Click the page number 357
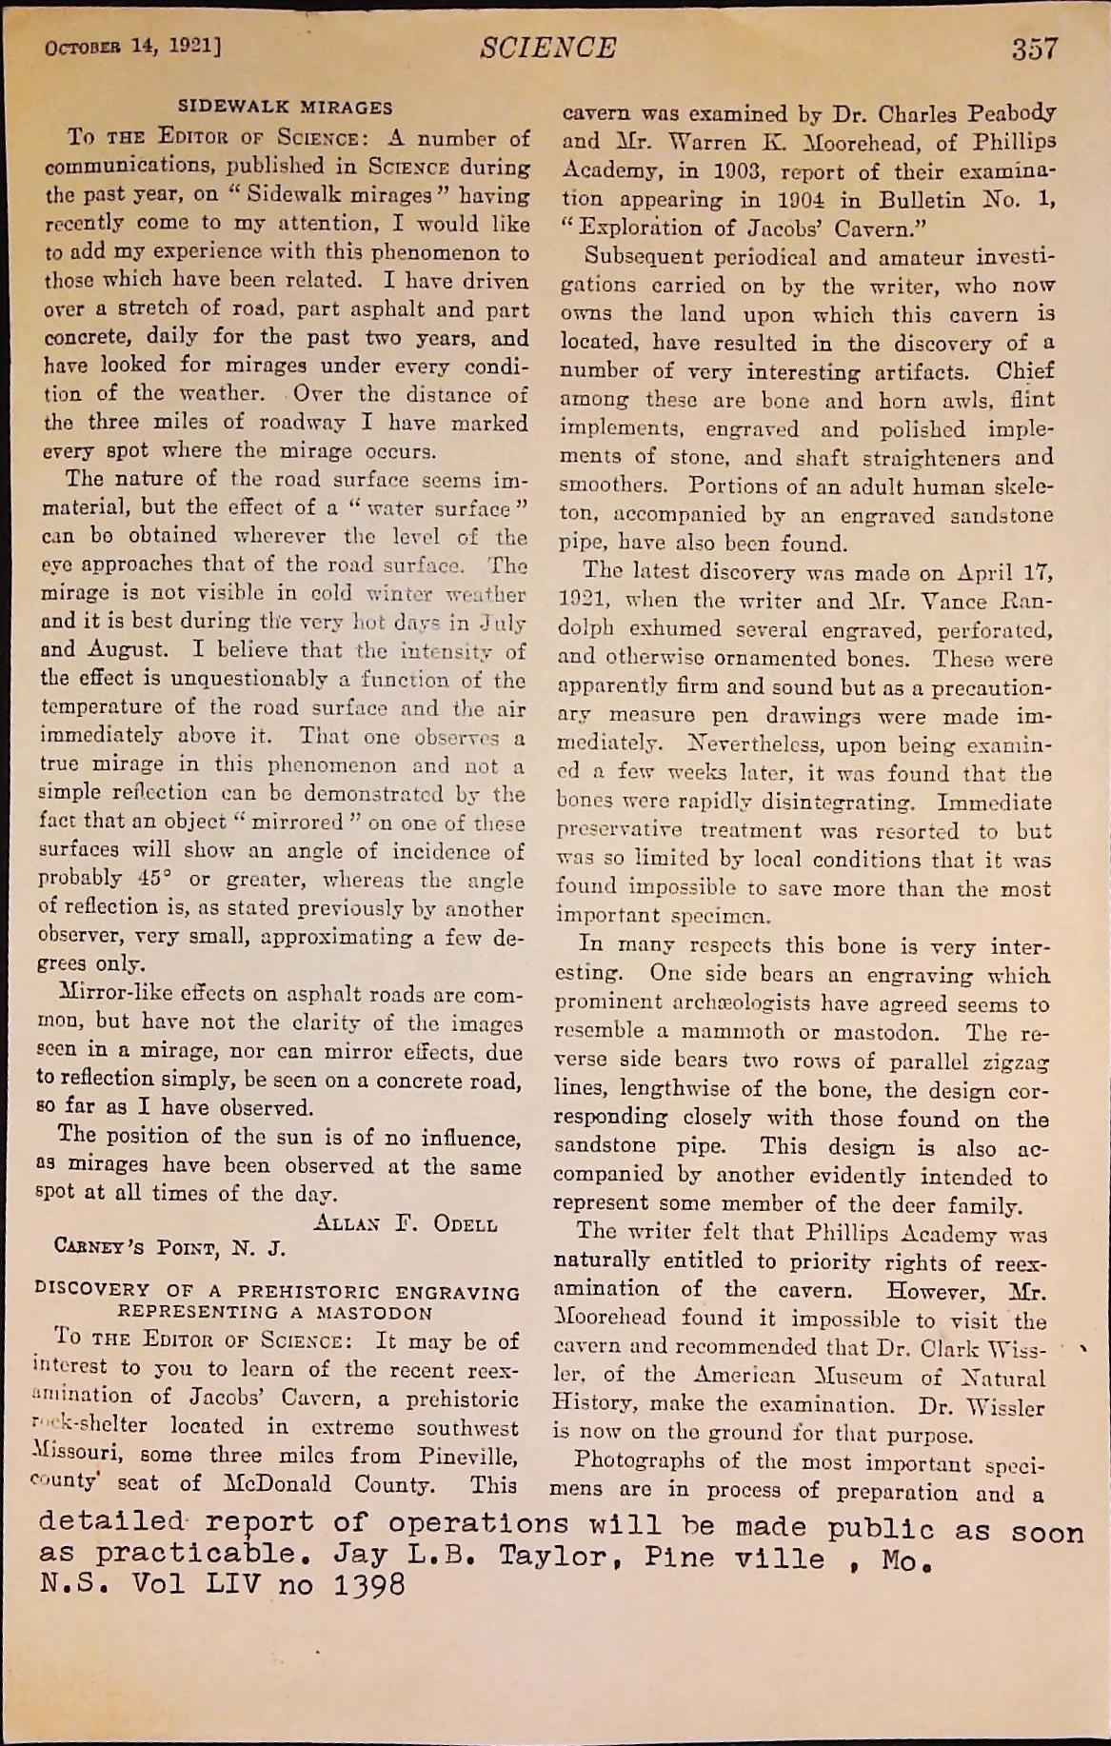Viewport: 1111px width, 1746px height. (1034, 49)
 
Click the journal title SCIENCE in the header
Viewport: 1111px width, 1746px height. (548, 48)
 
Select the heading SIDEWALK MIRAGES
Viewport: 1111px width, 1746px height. (286, 108)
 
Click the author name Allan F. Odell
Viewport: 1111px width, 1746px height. (405, 1223)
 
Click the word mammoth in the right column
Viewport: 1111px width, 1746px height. (739, 1032)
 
